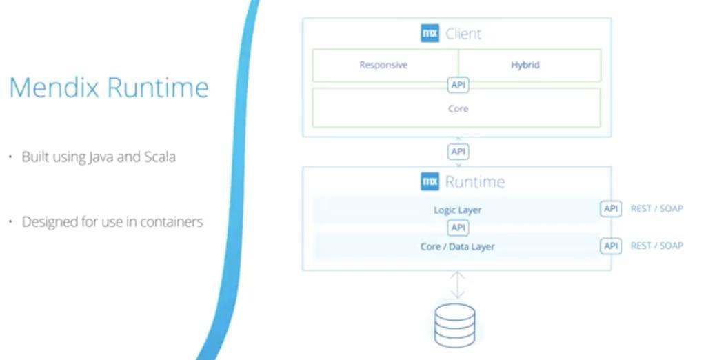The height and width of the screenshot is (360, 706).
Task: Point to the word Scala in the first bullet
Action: click(160, 157)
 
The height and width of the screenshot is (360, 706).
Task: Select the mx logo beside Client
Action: click(430, 33)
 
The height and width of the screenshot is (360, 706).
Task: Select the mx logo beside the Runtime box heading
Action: click(430, 181)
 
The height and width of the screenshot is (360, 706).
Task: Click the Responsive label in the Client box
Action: click(383, 65)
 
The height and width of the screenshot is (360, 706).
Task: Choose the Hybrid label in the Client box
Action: click(525, 65)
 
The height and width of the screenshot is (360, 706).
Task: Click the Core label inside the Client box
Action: click(458, 108)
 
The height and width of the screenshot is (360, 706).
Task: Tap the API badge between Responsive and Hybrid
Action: click(458, 85)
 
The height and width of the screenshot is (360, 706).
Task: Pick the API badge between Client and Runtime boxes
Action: click(458, 151)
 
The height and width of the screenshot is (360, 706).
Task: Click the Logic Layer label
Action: click(458, 210)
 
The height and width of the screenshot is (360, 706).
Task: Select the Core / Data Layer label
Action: click(458, 246)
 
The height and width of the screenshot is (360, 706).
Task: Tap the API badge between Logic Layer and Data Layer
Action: click(458, 228)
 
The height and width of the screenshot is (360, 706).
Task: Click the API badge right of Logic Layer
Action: click(611, 208)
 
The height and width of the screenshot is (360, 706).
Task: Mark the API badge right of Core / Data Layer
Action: click(611, 246)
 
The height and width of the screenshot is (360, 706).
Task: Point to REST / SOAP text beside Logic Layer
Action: click(656, 208)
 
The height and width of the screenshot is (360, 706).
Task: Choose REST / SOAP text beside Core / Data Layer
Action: click(656, 246)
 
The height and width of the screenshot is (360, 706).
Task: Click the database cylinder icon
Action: click(455, 325)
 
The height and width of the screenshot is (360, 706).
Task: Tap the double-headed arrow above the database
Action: click(457, 284)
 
